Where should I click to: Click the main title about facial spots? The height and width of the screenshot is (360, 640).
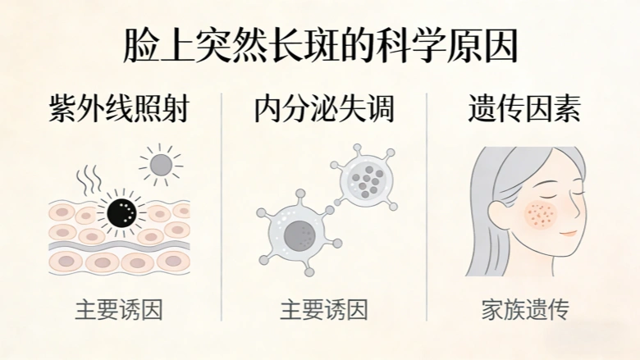coord(320,46)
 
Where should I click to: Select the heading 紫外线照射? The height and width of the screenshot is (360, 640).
coord(119,108)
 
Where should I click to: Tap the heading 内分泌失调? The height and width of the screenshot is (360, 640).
coord(324,108)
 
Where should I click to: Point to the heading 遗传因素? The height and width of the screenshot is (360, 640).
coord(524,108)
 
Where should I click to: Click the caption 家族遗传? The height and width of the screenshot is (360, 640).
coord(525,310)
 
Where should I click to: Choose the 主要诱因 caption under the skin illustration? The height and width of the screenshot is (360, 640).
coord(119,310)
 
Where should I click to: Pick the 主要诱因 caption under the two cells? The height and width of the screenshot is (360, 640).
coord(324,310)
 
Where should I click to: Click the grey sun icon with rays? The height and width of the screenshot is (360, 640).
coord(160,165)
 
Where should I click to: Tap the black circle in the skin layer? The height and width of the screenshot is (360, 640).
coord(121,212)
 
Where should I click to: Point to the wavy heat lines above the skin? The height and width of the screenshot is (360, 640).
coord(89,180)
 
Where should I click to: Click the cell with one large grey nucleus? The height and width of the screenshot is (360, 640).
coord(299,234)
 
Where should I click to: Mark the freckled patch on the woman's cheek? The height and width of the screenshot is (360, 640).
coord(542,215)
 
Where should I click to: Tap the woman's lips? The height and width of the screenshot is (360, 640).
coord(568,233)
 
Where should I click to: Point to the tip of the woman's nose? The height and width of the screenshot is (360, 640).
coord(579,214)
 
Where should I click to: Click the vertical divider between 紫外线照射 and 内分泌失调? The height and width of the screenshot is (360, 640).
coord(222,207)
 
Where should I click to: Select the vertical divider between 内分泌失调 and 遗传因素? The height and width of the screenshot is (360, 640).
coord(427,207)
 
